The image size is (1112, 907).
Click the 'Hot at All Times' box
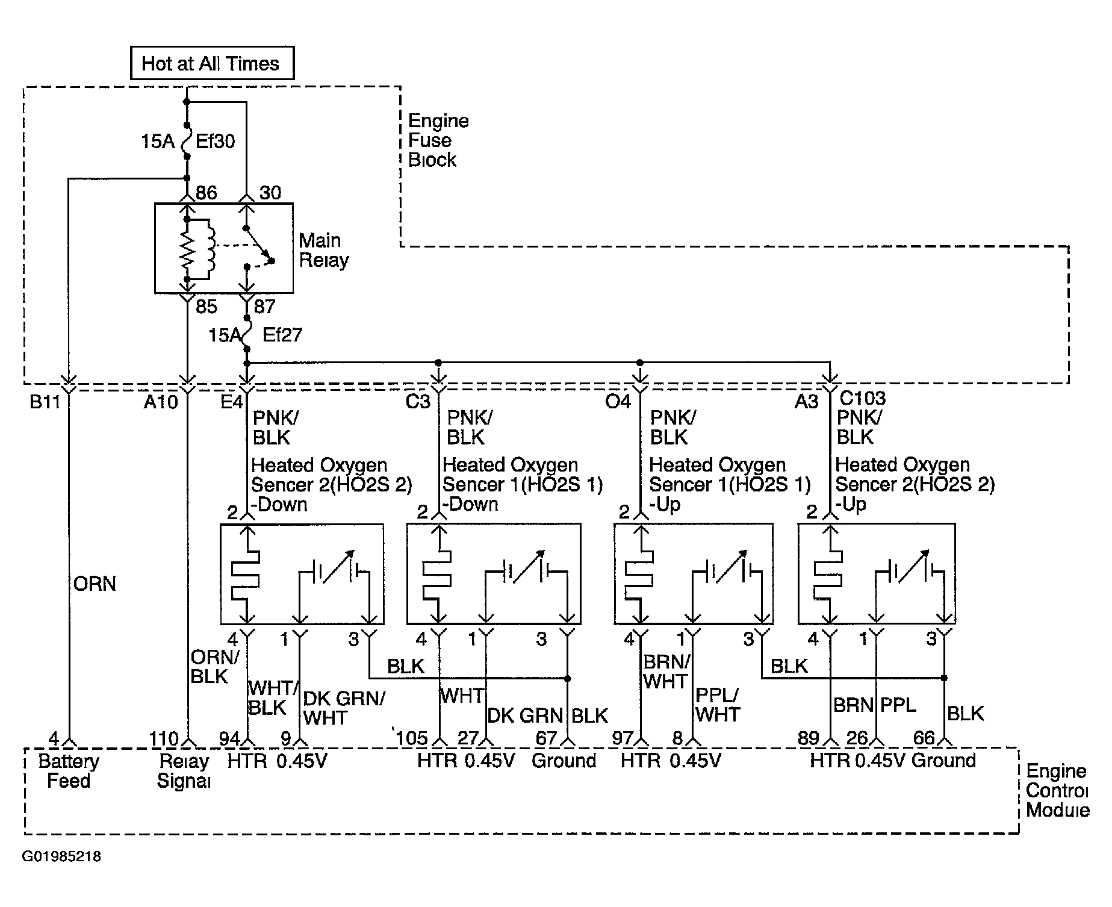212,63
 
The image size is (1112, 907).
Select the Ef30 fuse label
216,142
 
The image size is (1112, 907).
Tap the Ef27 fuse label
282,335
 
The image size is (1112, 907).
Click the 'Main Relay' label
324,250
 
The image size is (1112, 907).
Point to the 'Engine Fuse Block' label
438,140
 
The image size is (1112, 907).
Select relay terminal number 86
206,193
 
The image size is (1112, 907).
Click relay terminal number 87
264,307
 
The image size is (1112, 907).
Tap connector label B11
46,402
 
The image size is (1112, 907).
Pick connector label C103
863,397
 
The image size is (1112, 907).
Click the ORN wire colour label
95,584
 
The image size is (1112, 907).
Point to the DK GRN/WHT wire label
344,708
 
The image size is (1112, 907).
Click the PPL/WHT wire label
718,705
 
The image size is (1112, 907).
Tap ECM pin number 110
164,738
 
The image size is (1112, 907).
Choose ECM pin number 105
412,738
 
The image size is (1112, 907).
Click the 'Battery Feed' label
69,771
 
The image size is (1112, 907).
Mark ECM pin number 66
924,738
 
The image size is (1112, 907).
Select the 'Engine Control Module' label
1057,790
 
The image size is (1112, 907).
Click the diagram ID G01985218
61,856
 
